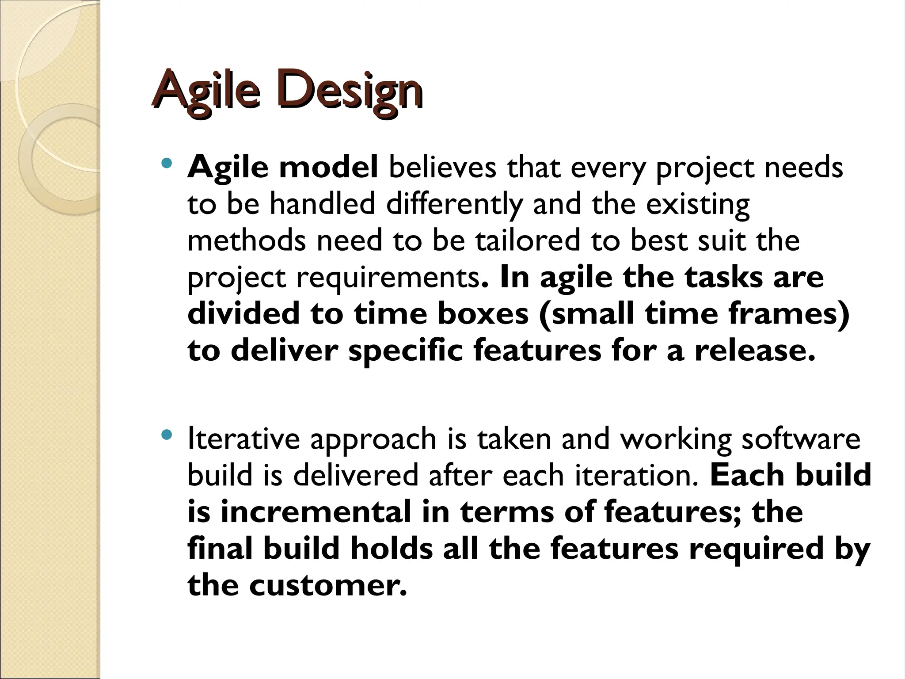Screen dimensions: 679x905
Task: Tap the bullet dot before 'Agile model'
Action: coord(166,164)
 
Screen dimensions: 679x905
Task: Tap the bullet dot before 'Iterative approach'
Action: coord(166,435)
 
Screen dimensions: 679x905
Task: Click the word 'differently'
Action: coord(454,205)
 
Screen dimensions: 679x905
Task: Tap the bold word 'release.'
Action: coord(755,351)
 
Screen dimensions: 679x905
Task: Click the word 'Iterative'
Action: coord(245,439)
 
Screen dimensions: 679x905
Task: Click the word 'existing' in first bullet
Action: coord(698,205)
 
